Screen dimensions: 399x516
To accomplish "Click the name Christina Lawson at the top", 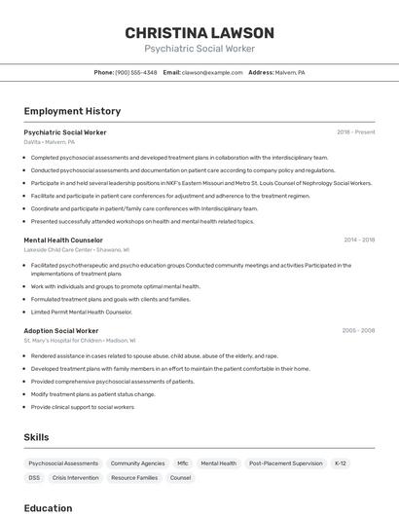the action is click(199, 33).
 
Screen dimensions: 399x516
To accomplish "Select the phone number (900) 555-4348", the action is click(135, 72).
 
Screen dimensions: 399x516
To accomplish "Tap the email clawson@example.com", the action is click(212, 72).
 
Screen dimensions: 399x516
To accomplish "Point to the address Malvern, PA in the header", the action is click(289, 72).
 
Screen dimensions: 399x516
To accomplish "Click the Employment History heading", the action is click(72, 111).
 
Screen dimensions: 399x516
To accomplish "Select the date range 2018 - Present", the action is click(355, 132).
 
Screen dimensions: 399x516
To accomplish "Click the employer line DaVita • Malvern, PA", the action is click(49, 142).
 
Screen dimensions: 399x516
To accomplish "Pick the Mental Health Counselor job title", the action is click(63, 240).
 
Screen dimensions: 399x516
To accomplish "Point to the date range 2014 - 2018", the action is click(358, 240).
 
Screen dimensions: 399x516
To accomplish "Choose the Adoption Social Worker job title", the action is click(61, 331).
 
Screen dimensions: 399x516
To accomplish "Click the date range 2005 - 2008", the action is click(358, 331).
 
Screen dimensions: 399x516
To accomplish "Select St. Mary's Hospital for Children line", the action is click(80, 341).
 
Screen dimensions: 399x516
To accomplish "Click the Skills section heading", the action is click(36, 437).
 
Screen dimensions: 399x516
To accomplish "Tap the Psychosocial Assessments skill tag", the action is click(63, 463).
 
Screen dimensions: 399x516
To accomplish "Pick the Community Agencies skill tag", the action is click(137, 463).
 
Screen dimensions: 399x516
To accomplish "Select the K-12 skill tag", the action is click(340, 463).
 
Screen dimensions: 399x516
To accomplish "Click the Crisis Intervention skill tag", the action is click(75, 478).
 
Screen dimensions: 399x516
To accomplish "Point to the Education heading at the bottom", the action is click(48, 507).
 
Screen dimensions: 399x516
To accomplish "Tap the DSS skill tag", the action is click(34, 478).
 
